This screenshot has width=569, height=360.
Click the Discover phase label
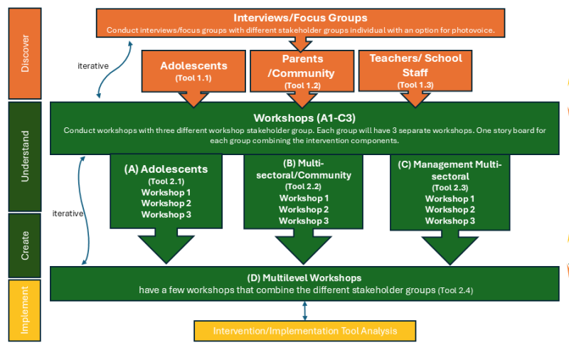(x=25, y=53)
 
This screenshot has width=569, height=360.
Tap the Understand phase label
(x=25, y=157)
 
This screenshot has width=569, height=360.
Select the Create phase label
(x=25, y=245)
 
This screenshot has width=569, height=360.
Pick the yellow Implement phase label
(x=25, y=310)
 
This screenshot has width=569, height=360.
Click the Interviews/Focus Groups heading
(x=300, y=18)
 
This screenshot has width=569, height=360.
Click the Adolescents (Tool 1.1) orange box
(x=193, y=71)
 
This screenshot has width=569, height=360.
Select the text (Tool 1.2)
(x=302, y=85)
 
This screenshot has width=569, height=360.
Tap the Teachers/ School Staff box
(x=415, y=70)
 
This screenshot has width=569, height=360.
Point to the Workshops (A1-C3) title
(x=304, y=118)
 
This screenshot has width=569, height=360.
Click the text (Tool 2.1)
(x=166, y=181)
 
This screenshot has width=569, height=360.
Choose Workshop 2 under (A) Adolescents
(x=166, y=203)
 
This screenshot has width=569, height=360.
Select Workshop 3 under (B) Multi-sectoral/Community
(x=304, y=221)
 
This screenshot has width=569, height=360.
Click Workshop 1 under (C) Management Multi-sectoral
(x=450, y=199)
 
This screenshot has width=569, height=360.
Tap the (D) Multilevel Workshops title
(x=304, y=278)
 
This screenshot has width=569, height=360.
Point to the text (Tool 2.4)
(x=455, y=290)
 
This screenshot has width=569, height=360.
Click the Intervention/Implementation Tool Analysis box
(x=305, y=331)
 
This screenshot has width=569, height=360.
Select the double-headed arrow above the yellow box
(x=305, y=311)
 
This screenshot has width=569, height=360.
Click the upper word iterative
(x=93, y=66)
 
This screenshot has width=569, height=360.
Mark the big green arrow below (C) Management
(x=450, y=248)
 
